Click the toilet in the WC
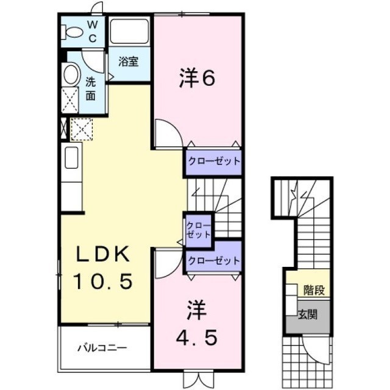point(72,32)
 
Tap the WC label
point(92,32)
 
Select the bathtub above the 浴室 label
point(129,31)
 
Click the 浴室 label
point(129,62)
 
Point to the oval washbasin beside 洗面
point(71,74)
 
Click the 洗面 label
point(91,88)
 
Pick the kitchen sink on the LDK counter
point(72,157)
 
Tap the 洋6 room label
point(197,78)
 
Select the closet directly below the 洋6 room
point(214,162)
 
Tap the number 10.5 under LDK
point(102,281)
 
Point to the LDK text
point(103,253)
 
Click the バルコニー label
point(102,347)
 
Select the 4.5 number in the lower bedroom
point(197,338)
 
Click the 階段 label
point(314,290)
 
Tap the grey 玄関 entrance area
point(308,317)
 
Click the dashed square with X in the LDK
point(82,129)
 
